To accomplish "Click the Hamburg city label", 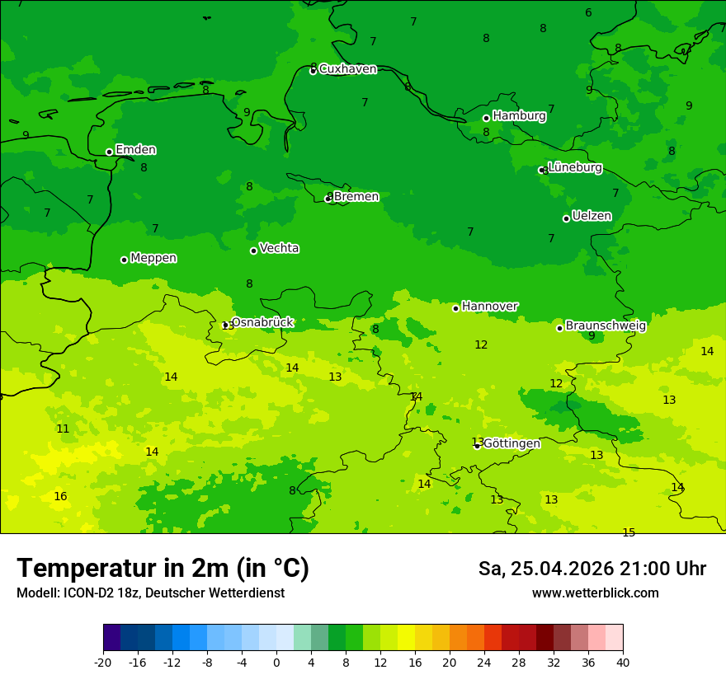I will tap(519, 116).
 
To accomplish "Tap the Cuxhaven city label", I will tap(347, 69).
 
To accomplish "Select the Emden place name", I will tap(135, 150).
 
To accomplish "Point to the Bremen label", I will tap(356, 197).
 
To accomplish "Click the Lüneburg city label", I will tap(574, 167).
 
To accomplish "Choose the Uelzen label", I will tap(592, 217).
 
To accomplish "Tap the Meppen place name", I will tap(153, 258).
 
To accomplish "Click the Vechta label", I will tap(279, 248).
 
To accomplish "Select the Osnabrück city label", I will tap(262, 322).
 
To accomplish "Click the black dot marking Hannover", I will tap(455, 308).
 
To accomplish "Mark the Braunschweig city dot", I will tap(559, 328).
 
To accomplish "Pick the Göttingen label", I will tap(511, 443).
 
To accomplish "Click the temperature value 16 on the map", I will tap(60, 496).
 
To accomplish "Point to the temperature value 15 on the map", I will tap(629, 532).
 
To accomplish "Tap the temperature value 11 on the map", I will tap(63, 429).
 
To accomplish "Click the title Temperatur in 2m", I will tap(163, 568).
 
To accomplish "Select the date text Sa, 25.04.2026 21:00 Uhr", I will tap(592, 569).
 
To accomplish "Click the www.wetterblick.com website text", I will tap(595, 593).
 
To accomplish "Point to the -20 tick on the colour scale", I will tap(103, 662).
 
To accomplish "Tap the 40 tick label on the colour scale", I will tap(623, 662).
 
